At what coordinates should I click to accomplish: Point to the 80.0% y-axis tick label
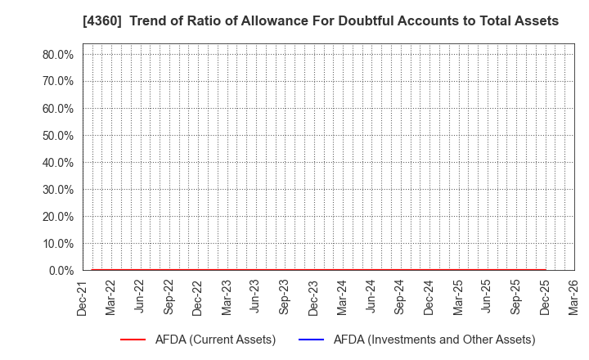[x=58, y=55]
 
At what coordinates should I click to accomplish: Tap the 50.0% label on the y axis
[x=58, y=136]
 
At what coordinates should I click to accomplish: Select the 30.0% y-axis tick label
[x=58, y=190]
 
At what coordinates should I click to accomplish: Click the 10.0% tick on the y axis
[x=58, y=244]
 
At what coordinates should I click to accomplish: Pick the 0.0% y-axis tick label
[x=61, y=271]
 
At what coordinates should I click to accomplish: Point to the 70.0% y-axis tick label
[x=58, y=82]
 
